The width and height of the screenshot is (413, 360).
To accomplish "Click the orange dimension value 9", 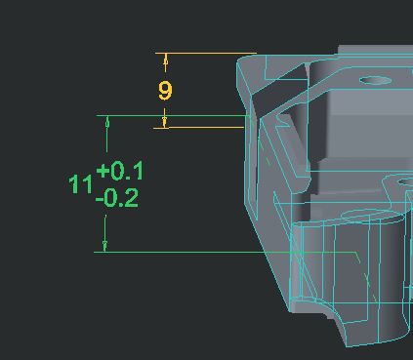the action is click(165, 91).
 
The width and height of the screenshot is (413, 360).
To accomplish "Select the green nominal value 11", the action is click(80, 184).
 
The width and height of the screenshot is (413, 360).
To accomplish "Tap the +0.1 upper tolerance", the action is click(119, 171).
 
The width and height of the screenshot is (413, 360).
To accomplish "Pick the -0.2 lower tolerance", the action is click(117, 198).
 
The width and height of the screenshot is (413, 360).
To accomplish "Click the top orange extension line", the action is click(206, 53).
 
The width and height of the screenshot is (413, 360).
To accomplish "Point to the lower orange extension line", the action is click(198, 128).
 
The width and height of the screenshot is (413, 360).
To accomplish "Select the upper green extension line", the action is click(173, 115).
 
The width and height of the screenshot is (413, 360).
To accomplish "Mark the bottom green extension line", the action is click(225, 252).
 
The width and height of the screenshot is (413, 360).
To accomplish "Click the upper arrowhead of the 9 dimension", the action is click(166, 60).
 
